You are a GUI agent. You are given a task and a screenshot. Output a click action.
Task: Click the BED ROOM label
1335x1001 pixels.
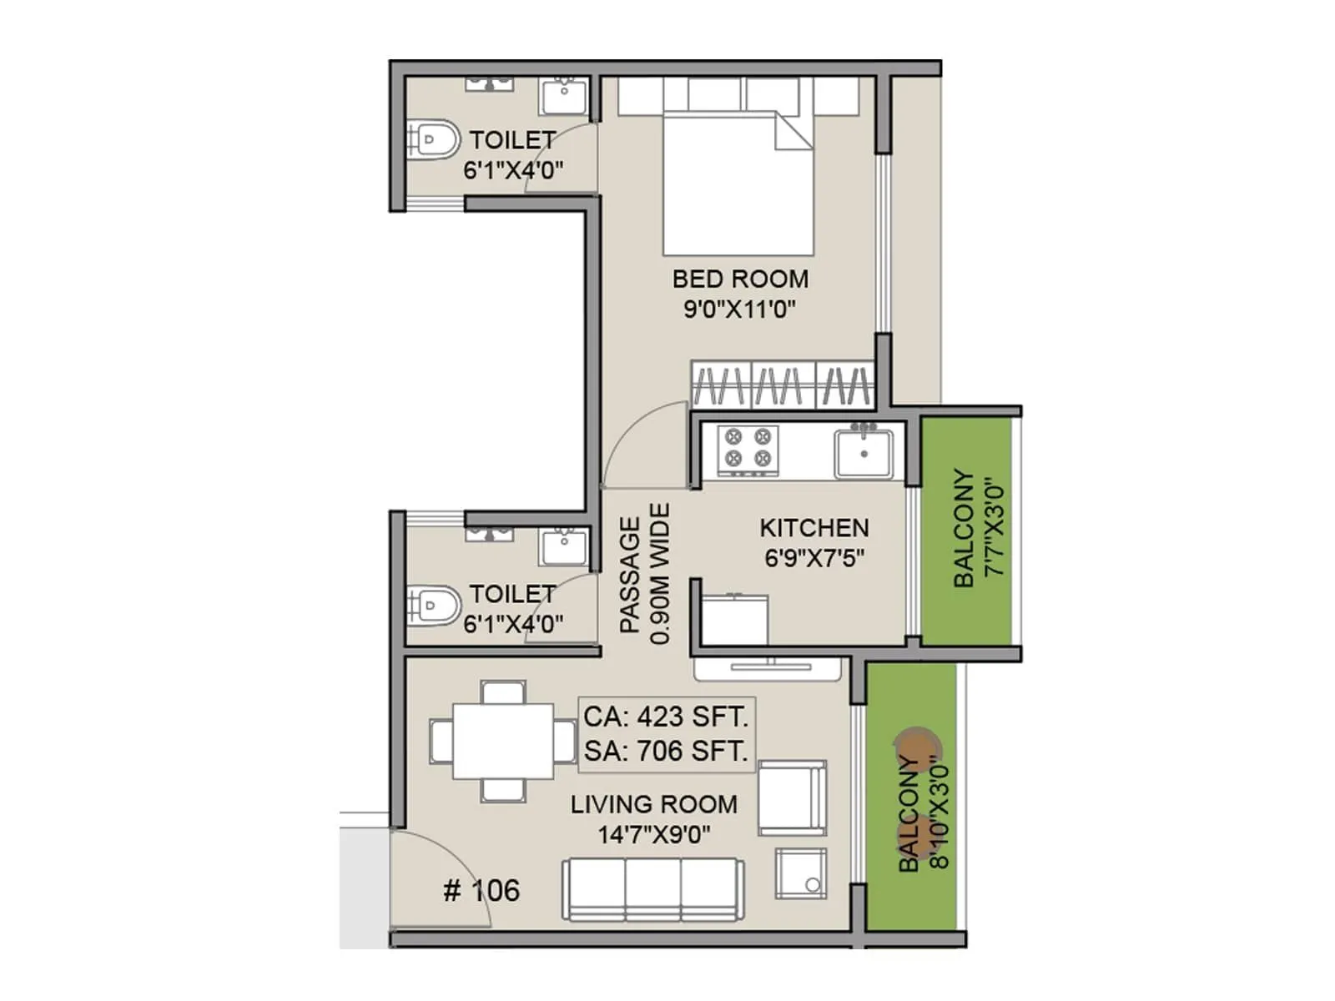(x=740, y=279)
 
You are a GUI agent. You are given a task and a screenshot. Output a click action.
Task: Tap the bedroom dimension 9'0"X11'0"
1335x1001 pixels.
(x=739, y=309)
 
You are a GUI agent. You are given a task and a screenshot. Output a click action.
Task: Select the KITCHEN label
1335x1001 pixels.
(x=814, y=528)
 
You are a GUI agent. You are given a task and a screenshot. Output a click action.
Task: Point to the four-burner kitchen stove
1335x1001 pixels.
(x=748, y=447)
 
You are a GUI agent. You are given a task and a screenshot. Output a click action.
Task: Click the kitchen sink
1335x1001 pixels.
(x=864, y=453)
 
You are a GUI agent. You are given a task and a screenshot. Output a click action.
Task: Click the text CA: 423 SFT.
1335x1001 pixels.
(x=666, y=717)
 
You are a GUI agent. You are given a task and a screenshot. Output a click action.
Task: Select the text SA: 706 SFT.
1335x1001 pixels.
(x=666, y=751)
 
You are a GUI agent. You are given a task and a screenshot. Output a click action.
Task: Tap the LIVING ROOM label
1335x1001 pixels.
(x=654, y=804)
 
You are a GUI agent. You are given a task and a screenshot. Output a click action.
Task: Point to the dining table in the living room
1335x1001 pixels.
(x=503, y=742)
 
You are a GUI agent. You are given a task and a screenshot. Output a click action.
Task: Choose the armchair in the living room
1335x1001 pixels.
(x=792, y=797)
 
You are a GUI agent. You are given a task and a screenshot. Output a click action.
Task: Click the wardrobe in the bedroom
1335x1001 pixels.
(x=782, y=385)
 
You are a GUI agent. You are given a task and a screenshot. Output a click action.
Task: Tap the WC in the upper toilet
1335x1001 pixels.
(x=434, y=140)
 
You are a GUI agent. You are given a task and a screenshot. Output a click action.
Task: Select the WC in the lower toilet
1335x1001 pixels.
(x=434, y=603)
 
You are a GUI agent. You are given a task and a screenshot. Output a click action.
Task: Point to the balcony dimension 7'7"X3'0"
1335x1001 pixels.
(x=992, y=527)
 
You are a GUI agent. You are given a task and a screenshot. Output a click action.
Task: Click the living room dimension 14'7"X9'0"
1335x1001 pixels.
(x=654, y=834)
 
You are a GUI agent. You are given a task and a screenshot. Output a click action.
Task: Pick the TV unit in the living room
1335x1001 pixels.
(x=767, y=667)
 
